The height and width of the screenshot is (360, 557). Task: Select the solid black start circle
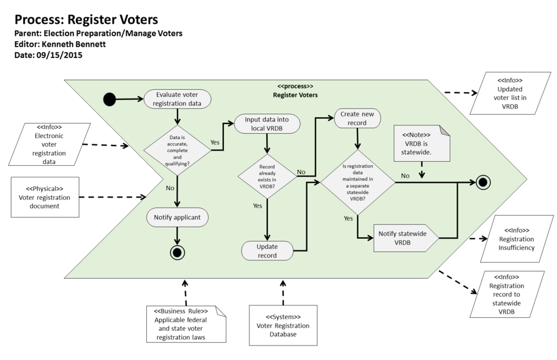[x=110, y=99]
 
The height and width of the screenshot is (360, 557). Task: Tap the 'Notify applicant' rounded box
[x=177, y=218]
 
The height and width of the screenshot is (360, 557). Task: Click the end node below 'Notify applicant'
[x=177, y=252]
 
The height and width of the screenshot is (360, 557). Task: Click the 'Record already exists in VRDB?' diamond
[x=266, y=176]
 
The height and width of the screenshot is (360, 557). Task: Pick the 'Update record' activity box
[x=267, y=250]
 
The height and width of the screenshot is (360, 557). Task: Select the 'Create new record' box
[x=358, y=118]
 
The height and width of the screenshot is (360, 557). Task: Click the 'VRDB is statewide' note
[x=421, y=143]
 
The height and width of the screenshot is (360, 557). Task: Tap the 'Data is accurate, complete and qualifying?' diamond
[x=177, y=150]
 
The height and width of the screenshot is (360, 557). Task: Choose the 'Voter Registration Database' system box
[x=283, y=326]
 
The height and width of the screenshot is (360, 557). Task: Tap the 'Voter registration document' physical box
[x=45, y=197]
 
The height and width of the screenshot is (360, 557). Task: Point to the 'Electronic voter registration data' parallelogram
[x=50, y=145]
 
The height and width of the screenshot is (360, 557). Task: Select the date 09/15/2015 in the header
[x=59, y=55]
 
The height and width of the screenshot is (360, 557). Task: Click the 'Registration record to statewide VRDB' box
[x=507, y=294]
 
